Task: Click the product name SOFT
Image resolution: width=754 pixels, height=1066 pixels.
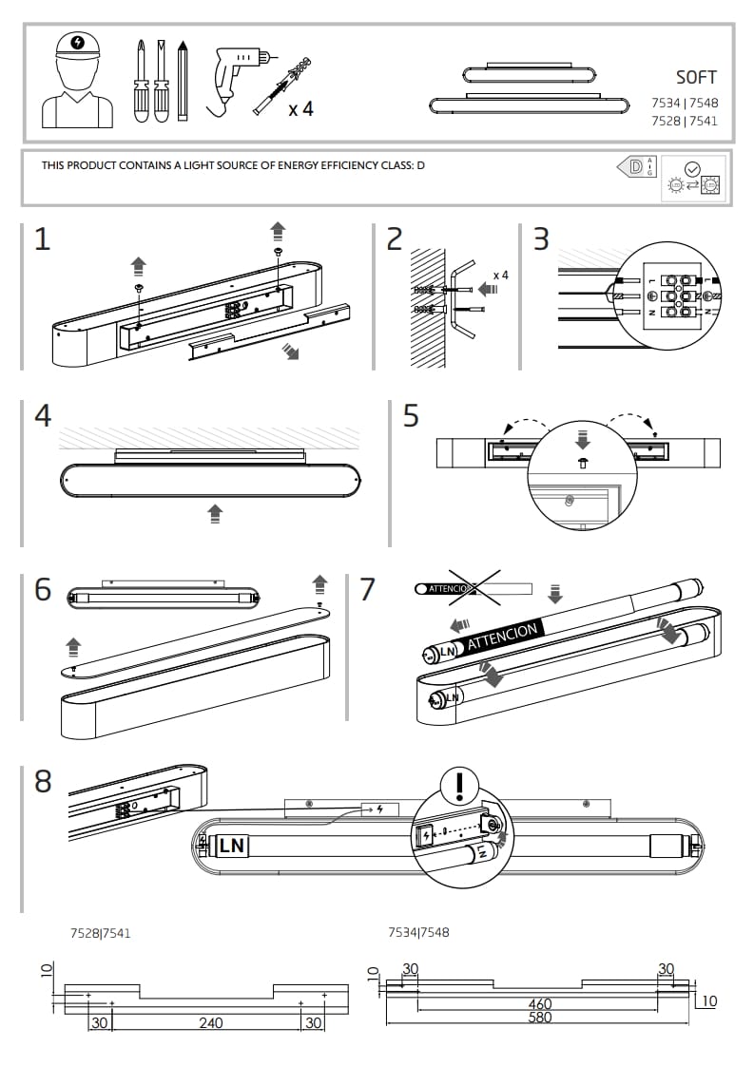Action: point(696,78)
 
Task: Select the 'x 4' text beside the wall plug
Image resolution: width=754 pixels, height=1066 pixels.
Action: point(300,110)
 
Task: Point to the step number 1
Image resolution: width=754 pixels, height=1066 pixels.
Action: point(42,238)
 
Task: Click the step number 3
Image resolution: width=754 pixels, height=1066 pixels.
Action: point(541,238)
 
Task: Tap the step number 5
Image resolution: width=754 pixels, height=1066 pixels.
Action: point(411,416)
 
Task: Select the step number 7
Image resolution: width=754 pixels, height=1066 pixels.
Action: point(368,589)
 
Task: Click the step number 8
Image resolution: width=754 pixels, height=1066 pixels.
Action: point(43,782)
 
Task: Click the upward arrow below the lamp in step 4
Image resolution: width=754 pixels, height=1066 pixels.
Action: point(215,514)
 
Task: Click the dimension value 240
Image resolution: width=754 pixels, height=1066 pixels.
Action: point(211,1022)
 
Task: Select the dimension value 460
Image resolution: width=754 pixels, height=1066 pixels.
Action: point(540,1003)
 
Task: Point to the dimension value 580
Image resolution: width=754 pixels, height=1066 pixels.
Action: point(539,1018)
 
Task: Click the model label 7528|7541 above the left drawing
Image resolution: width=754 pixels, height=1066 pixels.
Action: point(101,933)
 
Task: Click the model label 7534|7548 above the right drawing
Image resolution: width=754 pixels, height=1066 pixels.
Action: point(418,932)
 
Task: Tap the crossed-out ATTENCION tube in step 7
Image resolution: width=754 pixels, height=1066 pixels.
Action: point(473,589)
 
